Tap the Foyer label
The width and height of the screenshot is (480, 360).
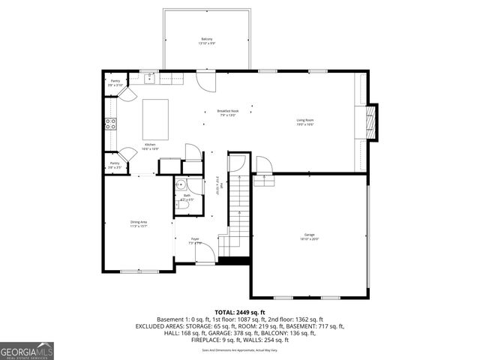point(194,241)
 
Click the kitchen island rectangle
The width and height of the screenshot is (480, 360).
point(157,115)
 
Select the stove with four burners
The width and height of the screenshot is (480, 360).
point(110,124)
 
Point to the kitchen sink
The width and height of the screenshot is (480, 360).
point(150,76)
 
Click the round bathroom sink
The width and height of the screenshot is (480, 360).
point(181,185)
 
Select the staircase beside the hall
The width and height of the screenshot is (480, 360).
point(238,206)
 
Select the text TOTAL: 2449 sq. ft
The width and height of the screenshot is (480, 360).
point(239,312)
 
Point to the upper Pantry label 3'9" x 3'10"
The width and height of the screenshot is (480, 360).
point(115,82)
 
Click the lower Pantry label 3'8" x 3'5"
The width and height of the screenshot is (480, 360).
point(114,164)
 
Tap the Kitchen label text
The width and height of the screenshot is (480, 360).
point(150,145)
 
